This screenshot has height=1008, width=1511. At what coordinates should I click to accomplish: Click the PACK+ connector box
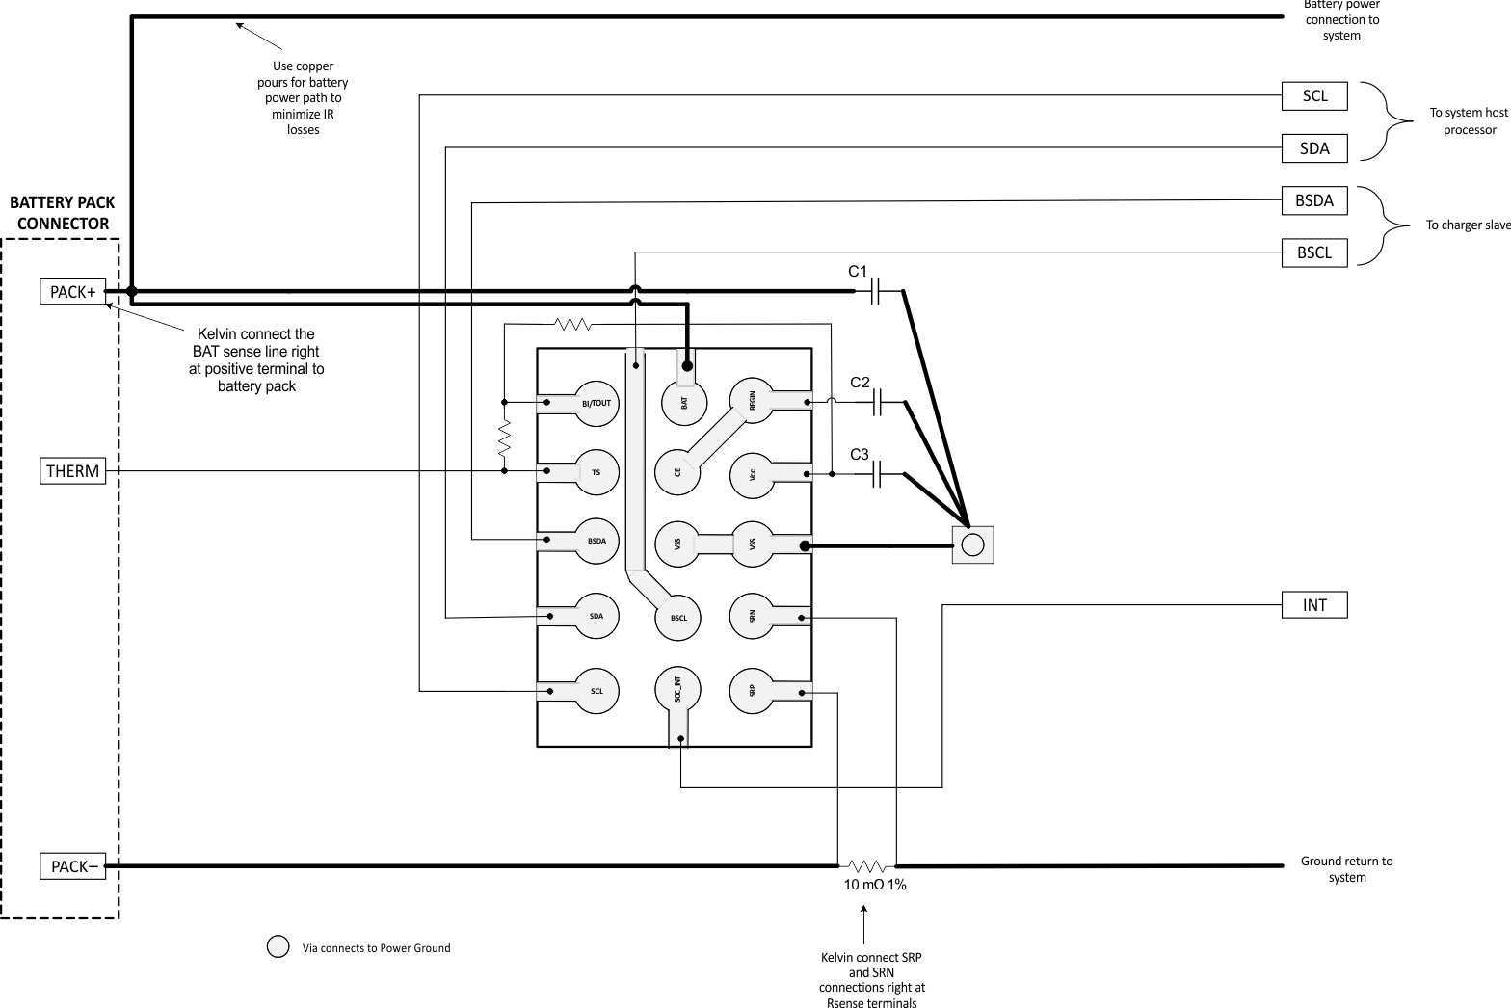click(x=72, y=291)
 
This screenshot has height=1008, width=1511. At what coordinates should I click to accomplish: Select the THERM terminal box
click(x=72, y=471)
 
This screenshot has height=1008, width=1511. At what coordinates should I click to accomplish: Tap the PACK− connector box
click(x=72, y=866)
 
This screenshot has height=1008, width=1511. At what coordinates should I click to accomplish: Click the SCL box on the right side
click(x=1313, y=96)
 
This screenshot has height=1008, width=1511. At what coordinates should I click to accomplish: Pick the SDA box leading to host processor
click(x=1313, y=148)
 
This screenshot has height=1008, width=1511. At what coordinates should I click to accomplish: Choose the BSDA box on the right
click(x=1313, y=200)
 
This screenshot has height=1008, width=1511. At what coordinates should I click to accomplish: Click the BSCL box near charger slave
click(x=1313, y=252)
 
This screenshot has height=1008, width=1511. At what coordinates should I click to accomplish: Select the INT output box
click(x=1313, y=605)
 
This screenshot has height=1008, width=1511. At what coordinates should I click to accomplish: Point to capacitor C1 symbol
click(x=876, y=290)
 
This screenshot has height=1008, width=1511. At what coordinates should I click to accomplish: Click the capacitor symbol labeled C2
click(x=877, y=402)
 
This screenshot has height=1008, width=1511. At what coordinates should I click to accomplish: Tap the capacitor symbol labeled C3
click(x=877, y=474)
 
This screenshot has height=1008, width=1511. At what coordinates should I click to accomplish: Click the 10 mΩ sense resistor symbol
click(x=866, y=865)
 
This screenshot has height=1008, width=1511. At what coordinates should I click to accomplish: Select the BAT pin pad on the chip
click(x=684, y=401)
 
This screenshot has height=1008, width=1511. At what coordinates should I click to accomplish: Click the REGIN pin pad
click(x=752, y=401)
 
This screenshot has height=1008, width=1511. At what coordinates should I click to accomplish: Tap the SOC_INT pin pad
click(x=677, y=691)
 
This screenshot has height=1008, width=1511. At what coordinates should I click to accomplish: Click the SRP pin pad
click(x=752, y=691)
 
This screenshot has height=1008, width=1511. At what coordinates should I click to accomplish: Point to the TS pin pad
click(x=596, y=471)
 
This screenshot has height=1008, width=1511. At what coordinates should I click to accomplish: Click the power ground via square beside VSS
click(x=972, y=545)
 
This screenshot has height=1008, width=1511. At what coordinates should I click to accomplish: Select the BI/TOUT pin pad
click(x=596, y=403)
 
